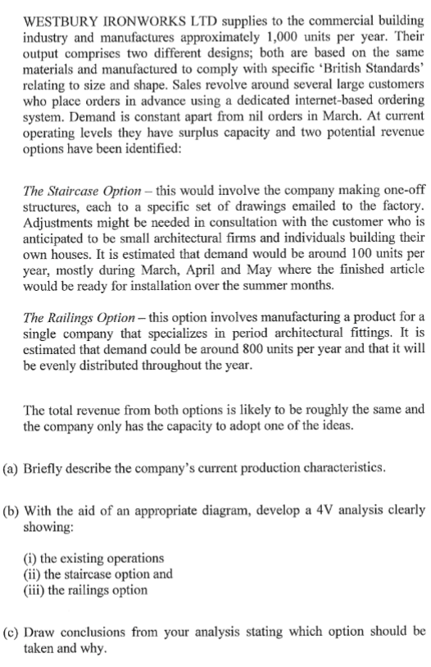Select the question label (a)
point(12,468)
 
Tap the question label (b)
point(12,509)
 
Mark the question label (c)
point(12,631)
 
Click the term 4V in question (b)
point(335,509)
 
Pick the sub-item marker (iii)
point(35,590)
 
